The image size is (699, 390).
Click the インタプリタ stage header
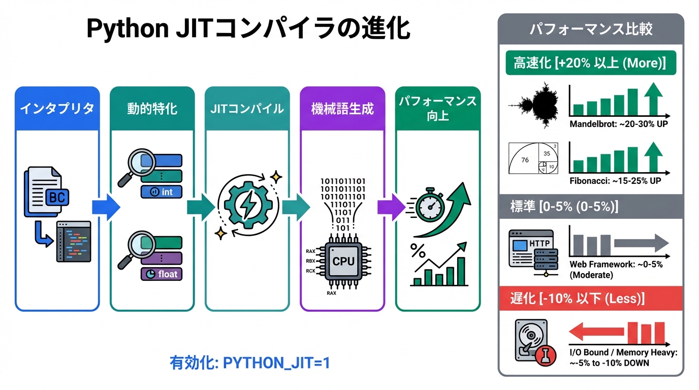(57, 108)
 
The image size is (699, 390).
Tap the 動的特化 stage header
(152, 108)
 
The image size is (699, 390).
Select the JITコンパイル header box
(247, 108)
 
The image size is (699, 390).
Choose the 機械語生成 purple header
(342, 108)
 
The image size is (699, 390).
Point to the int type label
(162, 192)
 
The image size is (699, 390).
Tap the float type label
(162, 274)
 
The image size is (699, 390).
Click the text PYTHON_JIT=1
(276, 363)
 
